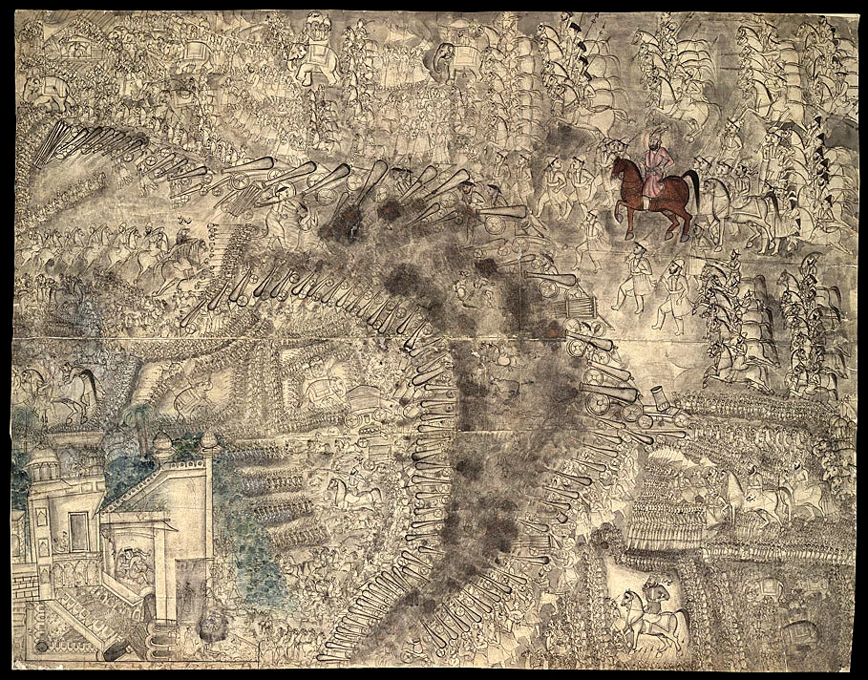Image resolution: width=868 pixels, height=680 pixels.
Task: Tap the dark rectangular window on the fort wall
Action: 78,531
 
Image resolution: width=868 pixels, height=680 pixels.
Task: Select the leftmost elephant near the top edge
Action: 38,91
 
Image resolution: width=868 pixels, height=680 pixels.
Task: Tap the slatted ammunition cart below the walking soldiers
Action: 581,306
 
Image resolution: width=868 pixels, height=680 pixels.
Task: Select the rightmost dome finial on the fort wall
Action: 208,441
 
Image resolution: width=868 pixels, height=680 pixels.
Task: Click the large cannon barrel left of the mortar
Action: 611,392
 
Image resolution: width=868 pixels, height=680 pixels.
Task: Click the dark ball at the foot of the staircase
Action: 43,647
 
